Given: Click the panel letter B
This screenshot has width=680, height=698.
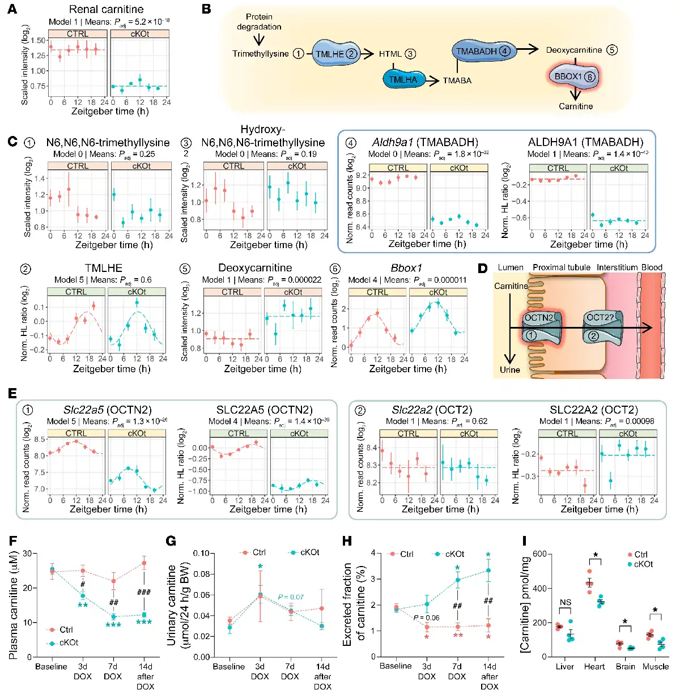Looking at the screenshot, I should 206,9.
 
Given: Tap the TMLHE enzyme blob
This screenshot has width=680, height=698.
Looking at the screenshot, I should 336,54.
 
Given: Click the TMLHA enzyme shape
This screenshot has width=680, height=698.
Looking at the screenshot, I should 402,80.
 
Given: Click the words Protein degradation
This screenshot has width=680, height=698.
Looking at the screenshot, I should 259,22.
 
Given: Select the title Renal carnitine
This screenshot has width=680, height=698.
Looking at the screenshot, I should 106,9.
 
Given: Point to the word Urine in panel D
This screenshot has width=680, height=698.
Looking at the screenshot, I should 509,370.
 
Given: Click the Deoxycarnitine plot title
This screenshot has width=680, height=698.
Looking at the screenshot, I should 255,268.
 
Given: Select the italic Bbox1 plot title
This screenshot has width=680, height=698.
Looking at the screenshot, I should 406,268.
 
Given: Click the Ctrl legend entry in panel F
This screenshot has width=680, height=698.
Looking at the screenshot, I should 62,629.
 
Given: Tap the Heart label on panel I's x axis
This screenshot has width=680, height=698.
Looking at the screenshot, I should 594,667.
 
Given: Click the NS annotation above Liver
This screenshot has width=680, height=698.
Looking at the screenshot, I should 565,603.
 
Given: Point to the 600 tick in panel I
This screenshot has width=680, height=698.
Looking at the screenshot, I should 539,554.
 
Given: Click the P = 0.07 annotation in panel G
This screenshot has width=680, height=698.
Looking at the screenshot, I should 291,597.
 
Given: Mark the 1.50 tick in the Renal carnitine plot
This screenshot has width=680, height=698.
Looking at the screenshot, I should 39,41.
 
